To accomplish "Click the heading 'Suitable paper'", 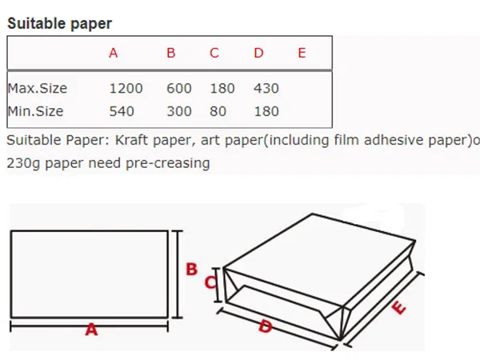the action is (x=60, y=23).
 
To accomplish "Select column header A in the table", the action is (x=114, y=54).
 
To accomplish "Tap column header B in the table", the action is (x=171, y=54).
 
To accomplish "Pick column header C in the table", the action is (x=214, y=54).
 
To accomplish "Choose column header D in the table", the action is (x=258, y=54).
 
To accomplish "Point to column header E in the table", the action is (x=301, y=54).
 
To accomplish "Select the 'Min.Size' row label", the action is (x=34, y=111).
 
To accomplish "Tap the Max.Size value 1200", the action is (x=126, y=88).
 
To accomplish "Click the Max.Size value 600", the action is (x=179, y=88).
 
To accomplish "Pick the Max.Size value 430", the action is (x=266, y=88).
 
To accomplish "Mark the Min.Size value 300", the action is (x=179, y=111).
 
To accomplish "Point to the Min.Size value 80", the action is (x=218, y=111).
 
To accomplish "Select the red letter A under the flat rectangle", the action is (x=91, y=329).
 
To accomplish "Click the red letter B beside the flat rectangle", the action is (x=192, y=269).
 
